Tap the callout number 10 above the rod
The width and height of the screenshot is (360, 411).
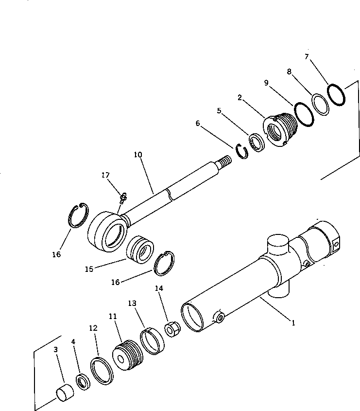pos(138,155)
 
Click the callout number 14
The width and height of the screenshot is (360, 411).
pos(159,288)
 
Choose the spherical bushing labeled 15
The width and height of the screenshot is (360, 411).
pos(139,250)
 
